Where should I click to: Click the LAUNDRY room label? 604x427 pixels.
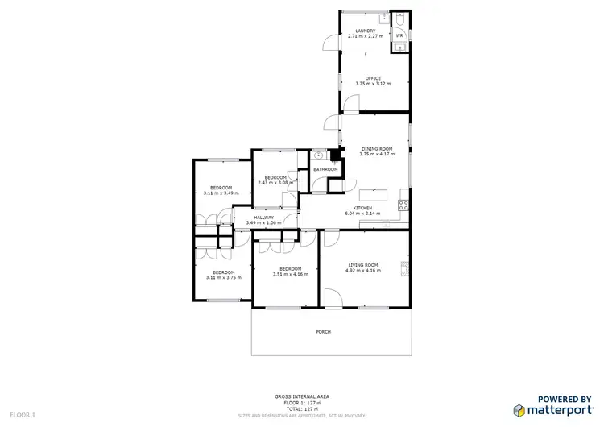click(366, 30)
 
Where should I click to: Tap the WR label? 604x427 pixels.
click(399, 36)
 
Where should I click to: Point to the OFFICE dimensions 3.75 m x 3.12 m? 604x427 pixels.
click(373, 84)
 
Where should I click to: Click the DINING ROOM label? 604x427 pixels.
click(376, 148)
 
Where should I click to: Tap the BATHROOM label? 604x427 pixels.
click(325, 169)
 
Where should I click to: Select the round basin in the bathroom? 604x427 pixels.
click(320, 155)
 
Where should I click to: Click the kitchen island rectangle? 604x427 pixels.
click(373, 195)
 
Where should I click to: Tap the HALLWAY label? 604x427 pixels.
click(264, 217)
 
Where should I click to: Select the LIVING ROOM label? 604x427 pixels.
click(363, 264)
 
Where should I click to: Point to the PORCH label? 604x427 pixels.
click(323, 332)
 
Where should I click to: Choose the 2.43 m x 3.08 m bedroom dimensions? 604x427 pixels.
click(275, 183)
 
